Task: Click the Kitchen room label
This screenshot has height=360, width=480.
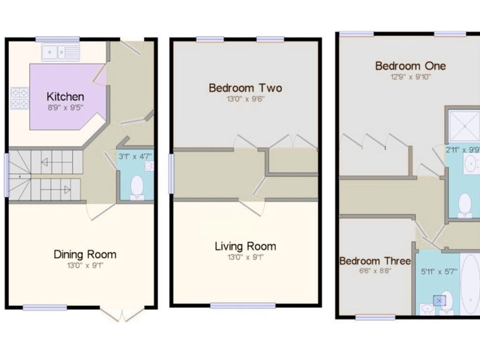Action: click(x=65, y=97)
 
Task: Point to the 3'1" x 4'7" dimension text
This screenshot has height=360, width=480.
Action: click(x=135, y=157)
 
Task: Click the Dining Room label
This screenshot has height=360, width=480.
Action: click(x=85, y=254)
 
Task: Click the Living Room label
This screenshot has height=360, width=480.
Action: click(x=245, y=246)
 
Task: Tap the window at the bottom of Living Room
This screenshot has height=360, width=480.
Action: click(x=242, y=305)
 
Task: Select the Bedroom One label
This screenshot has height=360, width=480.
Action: click(x=409, y=66)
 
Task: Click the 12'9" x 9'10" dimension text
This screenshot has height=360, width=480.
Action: click(x=409, y=76)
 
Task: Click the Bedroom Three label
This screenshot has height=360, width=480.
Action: click(x=374, y=261)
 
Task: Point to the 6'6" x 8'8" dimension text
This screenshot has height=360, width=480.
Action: click(x=374, y=271)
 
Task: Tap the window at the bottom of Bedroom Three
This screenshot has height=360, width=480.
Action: click(x=375, y=317)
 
